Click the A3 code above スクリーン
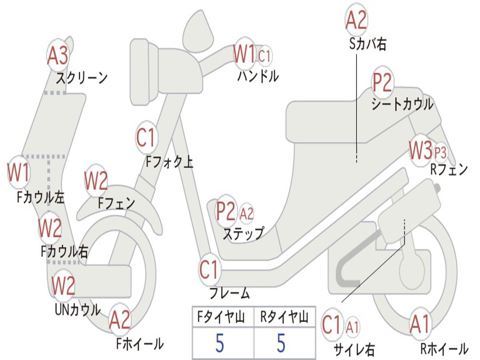(x=58, y=56)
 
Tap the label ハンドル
(x=258, y=76)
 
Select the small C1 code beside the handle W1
(x=265, y=56)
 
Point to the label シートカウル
(x=402, y=105)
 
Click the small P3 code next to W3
(x=440, y=152)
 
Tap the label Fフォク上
(x=169, y=162)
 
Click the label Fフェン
(x=116, y=203)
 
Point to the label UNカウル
(x=78, y=309)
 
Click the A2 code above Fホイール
(x=120, y=320)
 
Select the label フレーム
(x=229, y=294)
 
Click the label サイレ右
(x=354, y=349)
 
